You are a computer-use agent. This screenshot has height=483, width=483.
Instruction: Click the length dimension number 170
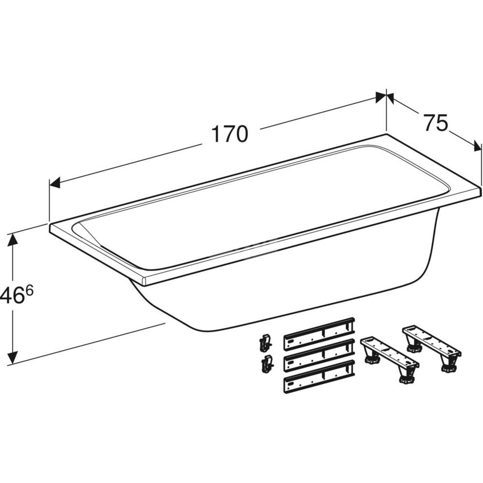[230, 134]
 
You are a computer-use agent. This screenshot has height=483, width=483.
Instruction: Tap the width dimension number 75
[436, 122]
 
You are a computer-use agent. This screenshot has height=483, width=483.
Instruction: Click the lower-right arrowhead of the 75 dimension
[476, 146]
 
